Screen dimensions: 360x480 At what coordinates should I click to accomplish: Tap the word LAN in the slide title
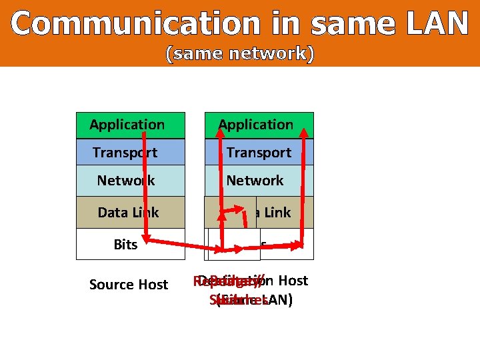(436, 24)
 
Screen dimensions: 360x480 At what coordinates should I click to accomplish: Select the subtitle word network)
(274, 54)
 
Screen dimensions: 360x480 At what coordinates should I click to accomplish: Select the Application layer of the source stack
(127, 125)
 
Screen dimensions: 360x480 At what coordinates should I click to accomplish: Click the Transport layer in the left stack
(125, 153)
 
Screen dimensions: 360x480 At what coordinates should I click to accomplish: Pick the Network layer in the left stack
(125, 181)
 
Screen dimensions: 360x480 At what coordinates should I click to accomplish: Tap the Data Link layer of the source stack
(128, 213)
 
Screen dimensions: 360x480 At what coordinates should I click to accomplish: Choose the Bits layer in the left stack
(125, 245)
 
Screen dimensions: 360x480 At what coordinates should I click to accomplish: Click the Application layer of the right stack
(255, 125)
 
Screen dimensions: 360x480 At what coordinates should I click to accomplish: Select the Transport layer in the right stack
(259, 153)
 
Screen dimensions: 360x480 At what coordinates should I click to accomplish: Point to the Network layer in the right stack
(255, 181)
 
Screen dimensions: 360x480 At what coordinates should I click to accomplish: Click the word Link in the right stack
(277, 213)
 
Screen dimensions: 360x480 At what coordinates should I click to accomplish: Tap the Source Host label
(128, 285)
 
